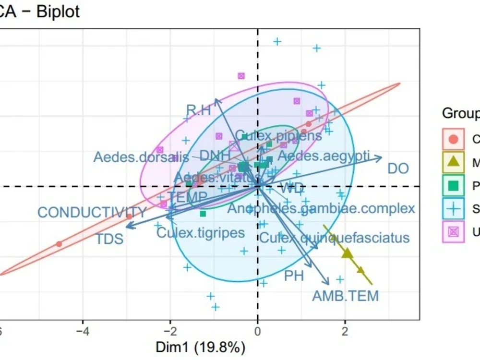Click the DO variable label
tap(398, 168)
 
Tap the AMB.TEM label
tap(345, 296)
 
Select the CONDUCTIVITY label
tap(92, 213)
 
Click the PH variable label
tap(294, 276)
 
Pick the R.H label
tap(198, 111)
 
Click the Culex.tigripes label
tap(201, 233)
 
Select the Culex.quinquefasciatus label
tap(335, 238)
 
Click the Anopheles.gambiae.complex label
tap(321, 208)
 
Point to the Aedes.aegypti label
tap(324, 156)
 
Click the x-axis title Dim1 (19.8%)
tap(200, 347)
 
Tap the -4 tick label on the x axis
tap(83, 331)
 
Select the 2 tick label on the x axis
tap(344, 331)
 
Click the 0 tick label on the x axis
tap(258, 331)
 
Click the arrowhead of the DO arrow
tap(381, 157)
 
